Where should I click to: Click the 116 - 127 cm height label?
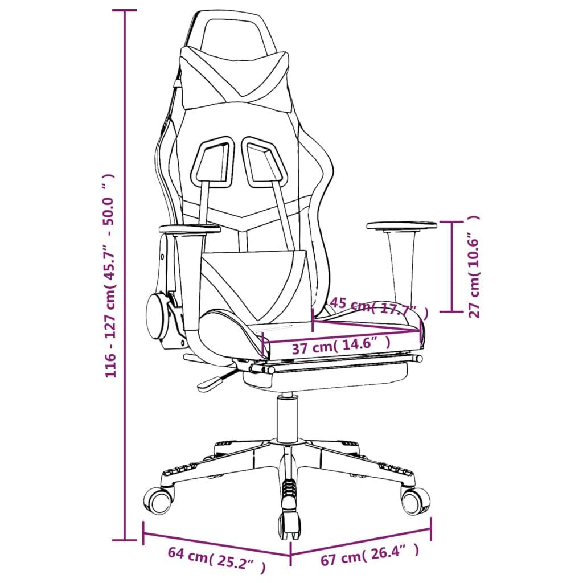(x=110, y=276)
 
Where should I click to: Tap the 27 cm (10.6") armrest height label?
(x=474, y=266)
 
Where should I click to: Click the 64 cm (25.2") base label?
(x=217, y=559)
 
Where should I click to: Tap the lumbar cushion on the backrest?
(x=254, y=285)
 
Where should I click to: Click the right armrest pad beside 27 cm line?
(x=401, y=225)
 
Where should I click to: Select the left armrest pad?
(x=190, y=229)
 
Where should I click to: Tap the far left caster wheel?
(x=159, y=500)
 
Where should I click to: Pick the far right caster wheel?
(x=415, y=500)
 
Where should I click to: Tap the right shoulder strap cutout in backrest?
(x=264, y=163)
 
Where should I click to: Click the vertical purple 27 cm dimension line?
(x=452, y=266)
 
